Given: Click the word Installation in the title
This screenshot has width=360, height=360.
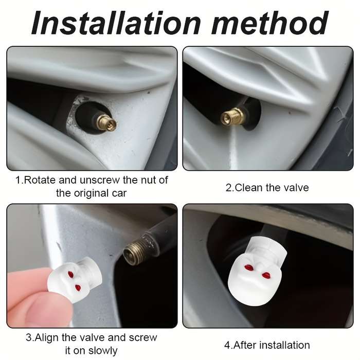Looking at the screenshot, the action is (116, 23).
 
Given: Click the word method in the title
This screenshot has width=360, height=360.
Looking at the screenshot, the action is (270, 23).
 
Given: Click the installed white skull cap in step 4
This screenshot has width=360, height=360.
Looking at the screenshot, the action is (257, 271).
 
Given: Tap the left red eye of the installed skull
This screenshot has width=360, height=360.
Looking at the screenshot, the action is (248, 267).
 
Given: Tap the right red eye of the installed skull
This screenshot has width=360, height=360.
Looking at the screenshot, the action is (266, 275).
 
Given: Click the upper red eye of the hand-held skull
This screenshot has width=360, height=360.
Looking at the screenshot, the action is (71, 274).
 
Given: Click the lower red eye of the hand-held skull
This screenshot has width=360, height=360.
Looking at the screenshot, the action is (78, 287).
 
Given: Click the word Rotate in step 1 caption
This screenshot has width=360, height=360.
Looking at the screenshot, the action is (40, 180).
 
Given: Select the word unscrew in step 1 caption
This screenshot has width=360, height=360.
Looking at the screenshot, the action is (100, 180).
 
